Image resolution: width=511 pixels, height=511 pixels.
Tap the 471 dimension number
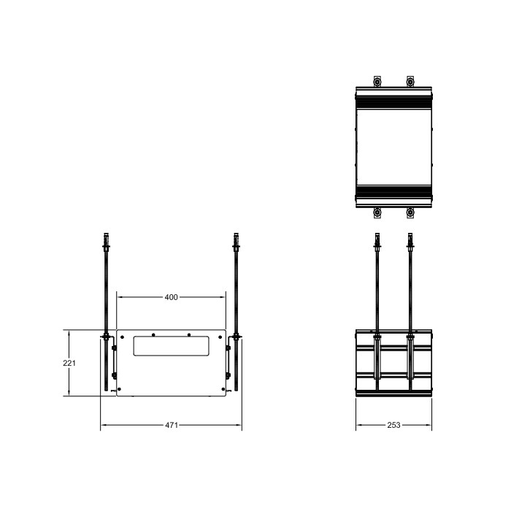coord(171,425)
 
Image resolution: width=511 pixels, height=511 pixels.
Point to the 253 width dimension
coord(393,425)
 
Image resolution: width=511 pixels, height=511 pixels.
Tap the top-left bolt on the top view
coord(377,81)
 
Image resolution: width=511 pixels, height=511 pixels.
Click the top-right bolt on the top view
coord(410,81)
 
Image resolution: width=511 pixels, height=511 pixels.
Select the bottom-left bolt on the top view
coord(377,214)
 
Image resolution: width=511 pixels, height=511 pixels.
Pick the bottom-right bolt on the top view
coord(410,214)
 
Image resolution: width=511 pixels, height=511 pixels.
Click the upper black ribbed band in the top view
coord(393,103)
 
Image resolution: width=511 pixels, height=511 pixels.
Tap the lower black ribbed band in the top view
coord(393,192)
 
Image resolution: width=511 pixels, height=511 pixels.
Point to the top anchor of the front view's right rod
coord(236,240)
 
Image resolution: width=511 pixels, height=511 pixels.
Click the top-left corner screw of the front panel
coord(123,337)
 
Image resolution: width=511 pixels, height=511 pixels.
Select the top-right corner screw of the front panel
coord(220,337)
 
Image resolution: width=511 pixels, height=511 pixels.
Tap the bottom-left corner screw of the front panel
coord(123,388)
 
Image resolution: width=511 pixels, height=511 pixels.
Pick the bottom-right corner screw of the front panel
coord(220,388)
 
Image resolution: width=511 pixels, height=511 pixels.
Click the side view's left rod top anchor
coord(377,240)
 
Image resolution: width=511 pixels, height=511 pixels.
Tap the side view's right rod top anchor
coord(410,240)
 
